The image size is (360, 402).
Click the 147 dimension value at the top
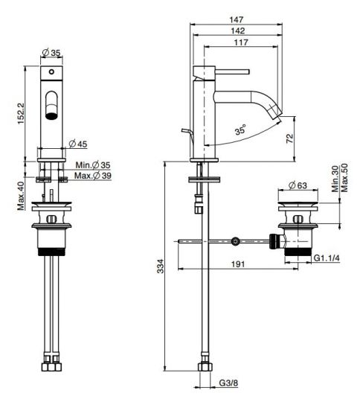click(x=237, y=20)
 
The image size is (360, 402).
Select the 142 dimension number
click(x=238, y=31)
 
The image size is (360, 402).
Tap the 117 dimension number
click(x=241, y=42)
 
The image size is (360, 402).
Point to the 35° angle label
click(x=241, y=130)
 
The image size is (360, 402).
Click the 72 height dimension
click(x=289, y=138)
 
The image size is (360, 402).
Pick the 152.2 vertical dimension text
click(x=21, y=113)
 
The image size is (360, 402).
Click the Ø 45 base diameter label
click(x=78, y=144)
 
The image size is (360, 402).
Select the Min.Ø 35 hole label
click(x=93, y=165)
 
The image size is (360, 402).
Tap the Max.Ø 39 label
click(x=93, y=176)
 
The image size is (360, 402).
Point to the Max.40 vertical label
click(x=21, y=196)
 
